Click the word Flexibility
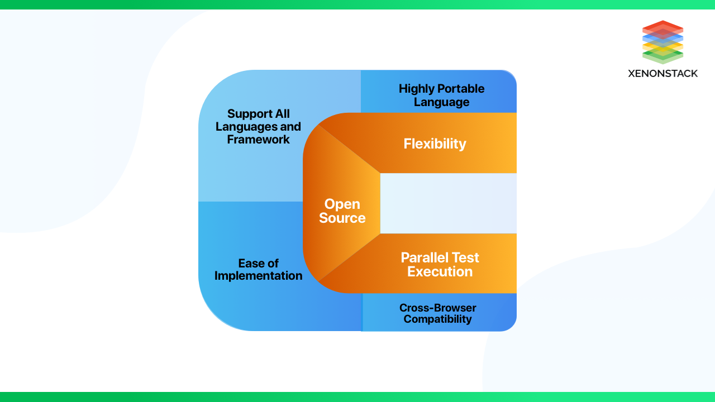coord(435,144)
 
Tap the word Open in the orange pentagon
coord(342,204)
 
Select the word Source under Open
coord(342,218)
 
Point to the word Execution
coord(440,272)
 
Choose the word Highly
coord(417,89)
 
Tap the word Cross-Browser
coord(437,308)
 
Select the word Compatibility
coord(437,319)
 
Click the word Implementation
coord(258,276)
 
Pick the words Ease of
coord(258,263)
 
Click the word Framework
coord(258,140)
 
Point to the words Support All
coord(258,114)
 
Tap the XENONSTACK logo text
coord(662,73)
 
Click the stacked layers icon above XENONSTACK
coord(662,42)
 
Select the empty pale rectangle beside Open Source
coord(448,203)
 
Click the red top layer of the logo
coord(662,26)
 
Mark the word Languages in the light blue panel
coord(242,127)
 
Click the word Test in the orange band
coord(466,258)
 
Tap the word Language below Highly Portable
coord(441,102)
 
